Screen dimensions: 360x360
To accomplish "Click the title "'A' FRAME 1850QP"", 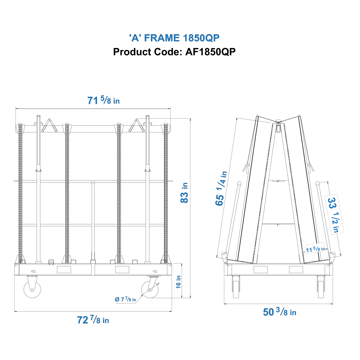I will click(x=174, y=38).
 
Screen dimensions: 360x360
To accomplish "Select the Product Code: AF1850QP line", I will click(x=174, y=52).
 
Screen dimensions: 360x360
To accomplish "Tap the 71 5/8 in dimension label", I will click(x=103, y=100).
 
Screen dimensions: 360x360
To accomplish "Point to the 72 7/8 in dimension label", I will click(x=93, y=320).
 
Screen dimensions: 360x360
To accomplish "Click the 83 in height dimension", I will click(x=184, y=193).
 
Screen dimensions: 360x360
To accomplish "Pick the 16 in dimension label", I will click(x=179, y=282).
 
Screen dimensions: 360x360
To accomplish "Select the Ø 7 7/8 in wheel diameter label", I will click(x=125, y=299).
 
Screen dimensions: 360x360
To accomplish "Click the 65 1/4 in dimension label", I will click(x=221, y=188).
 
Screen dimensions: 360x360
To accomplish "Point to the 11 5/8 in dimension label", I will click(x=315, y=248).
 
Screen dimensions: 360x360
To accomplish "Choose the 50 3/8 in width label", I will click(x=279, y=312).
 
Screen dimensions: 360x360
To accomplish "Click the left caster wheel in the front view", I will click(x=32, y=289).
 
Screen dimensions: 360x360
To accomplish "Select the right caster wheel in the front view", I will click(x=150, y=289).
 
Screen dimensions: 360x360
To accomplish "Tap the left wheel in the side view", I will click(x=236, y=287).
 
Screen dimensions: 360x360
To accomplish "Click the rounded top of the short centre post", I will click(x=93, y=183).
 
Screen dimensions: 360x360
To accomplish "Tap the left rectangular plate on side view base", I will click(x=260, y=270).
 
